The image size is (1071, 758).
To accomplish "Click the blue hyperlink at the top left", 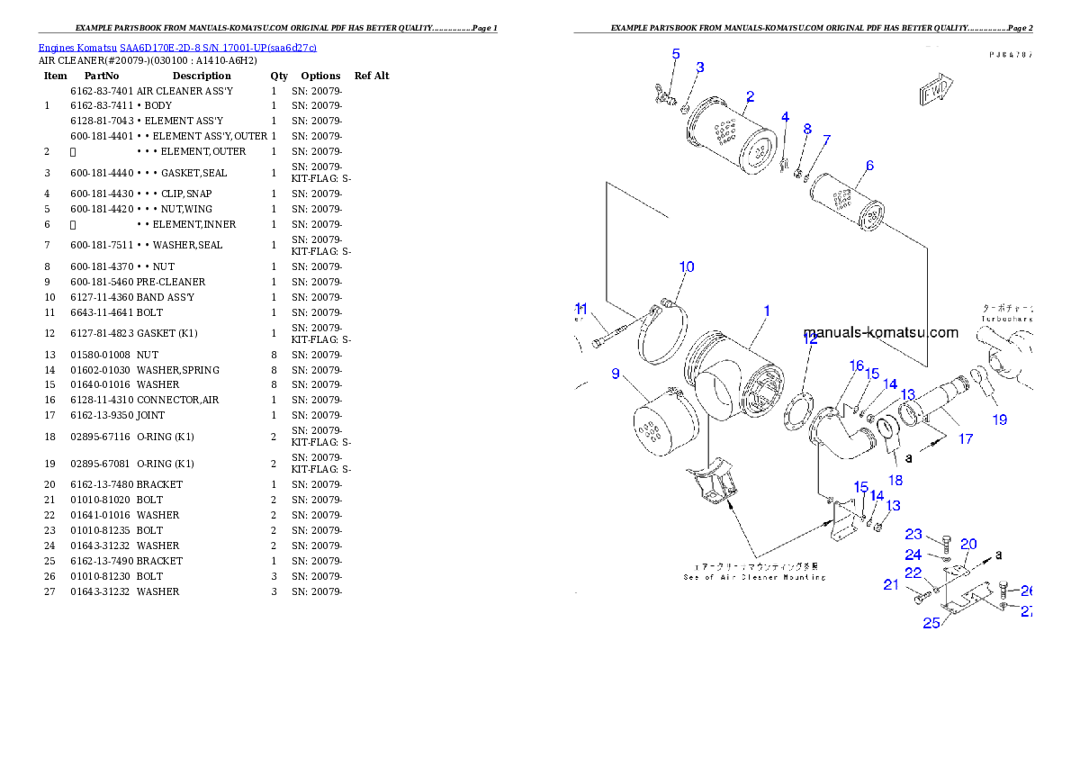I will [176, 48].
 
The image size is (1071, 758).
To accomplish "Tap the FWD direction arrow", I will [935, 91].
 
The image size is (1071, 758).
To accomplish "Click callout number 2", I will [750, 96].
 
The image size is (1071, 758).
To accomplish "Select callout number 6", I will [869, 166].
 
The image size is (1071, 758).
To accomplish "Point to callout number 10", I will [687, 266].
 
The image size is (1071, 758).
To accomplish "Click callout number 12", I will [811, 339].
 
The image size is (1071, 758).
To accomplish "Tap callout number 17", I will [965, 439].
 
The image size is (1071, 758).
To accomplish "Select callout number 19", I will [1000, 420].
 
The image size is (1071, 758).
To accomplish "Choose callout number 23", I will [913, 535].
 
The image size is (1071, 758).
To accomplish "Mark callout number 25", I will [931, 621].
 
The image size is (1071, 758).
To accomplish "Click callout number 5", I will [676, 54].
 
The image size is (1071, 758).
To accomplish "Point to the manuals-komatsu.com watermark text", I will [880, 332].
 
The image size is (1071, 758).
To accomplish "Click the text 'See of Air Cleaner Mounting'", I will [754, 577].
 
